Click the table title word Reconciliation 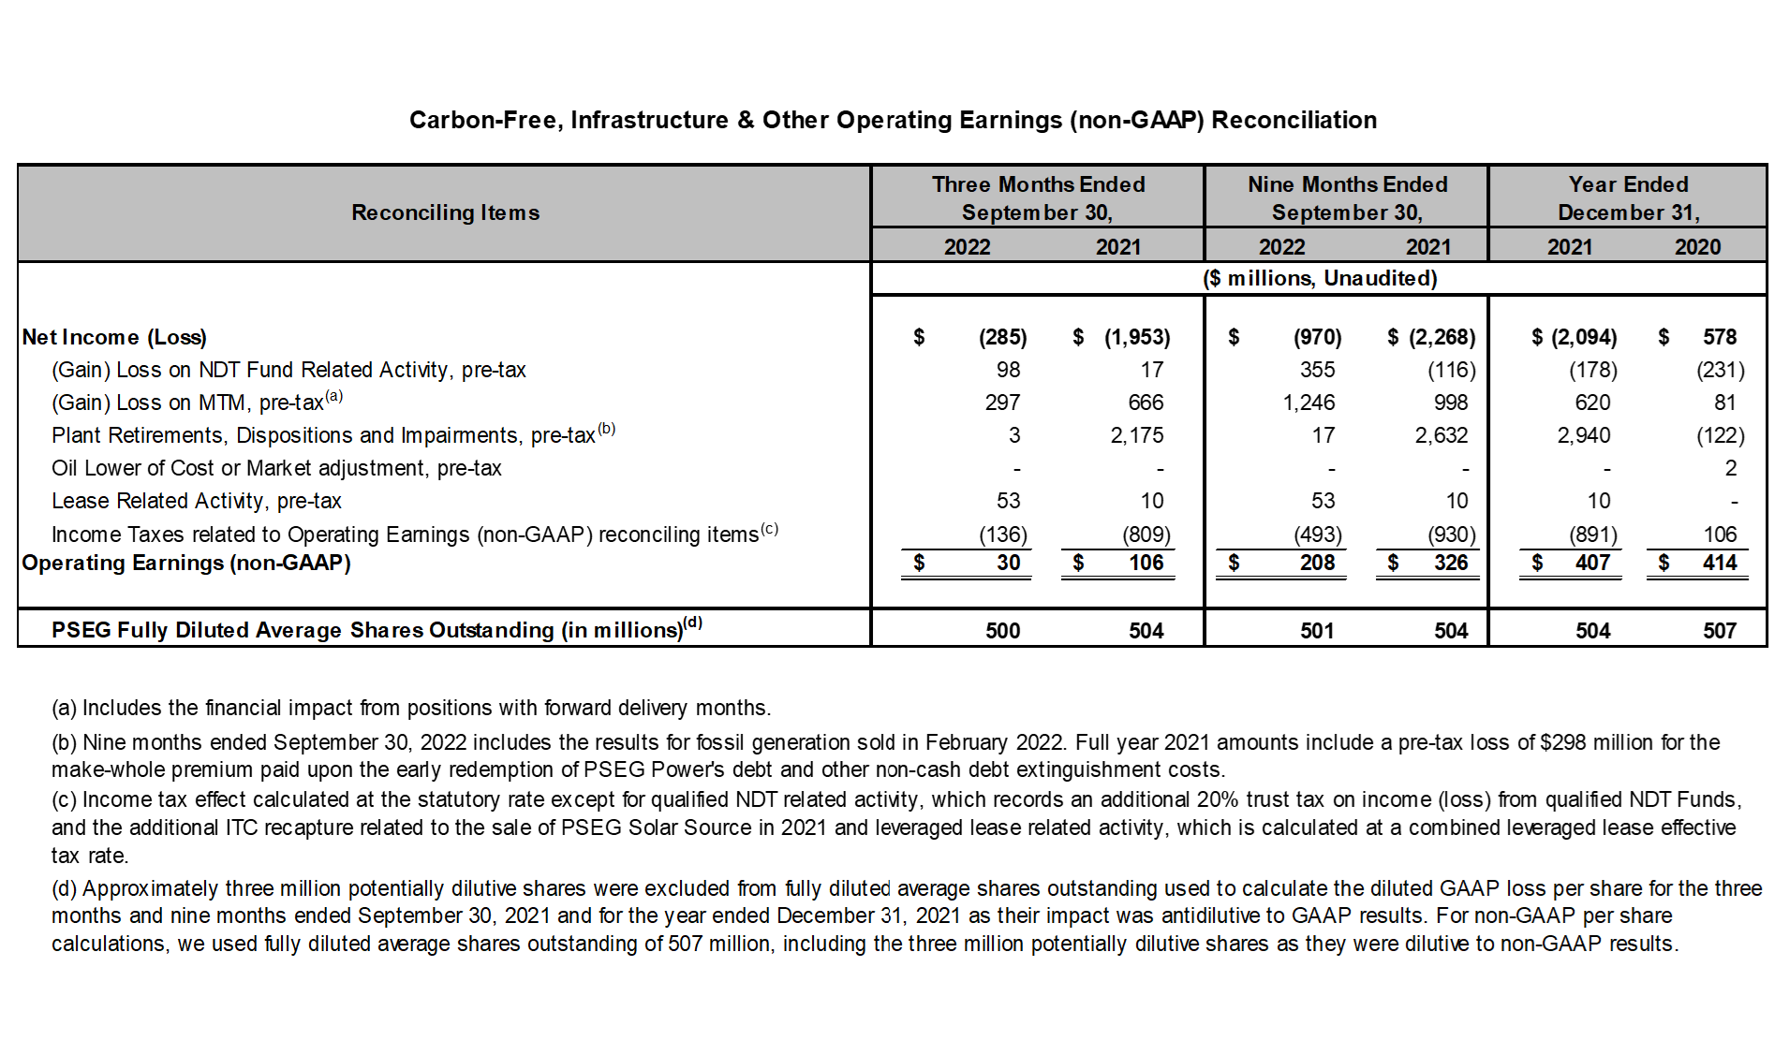(1294, 120)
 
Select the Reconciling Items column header (445, 212)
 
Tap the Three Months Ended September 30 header (1038, 198)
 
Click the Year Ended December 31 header (1629, 198)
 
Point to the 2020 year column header (1698, 247)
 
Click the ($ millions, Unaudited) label (1320, 278)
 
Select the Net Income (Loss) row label (114, 337)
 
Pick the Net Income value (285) (1002, 337)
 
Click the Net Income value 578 (1720, 337)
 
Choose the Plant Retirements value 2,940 (1584, 435)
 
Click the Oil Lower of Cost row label (276, 468)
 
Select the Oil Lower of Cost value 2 (1731, 468)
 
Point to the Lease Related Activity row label (197, 501)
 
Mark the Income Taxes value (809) (1146, 535)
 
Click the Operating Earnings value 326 (1451, 563)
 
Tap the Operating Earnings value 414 (1720, 563)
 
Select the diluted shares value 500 (1002, 631)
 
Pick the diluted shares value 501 (1317, 631)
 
